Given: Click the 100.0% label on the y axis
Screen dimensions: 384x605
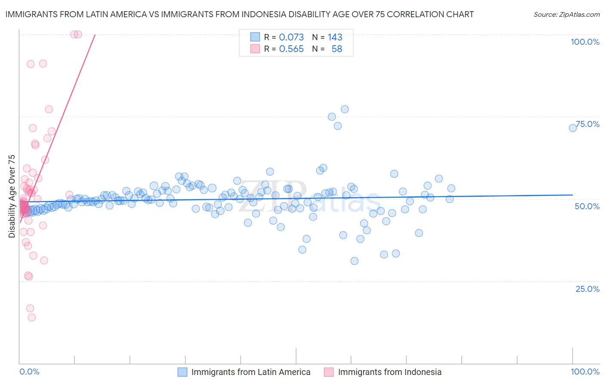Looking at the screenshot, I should pos(585,42).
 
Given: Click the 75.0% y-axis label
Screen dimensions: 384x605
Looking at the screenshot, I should pos(587,124).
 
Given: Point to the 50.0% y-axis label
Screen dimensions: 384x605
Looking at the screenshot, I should pos(587,206).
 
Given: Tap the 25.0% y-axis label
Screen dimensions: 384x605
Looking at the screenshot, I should pos(587,288).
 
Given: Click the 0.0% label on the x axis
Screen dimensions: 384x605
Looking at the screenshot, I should pos(29,372).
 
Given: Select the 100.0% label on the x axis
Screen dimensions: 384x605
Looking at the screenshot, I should pos(585,372).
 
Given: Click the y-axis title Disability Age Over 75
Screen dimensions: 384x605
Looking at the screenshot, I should pos(12,196).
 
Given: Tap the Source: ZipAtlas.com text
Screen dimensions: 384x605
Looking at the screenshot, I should pos(566,14).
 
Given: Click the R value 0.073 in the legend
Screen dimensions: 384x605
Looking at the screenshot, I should pos(291,37).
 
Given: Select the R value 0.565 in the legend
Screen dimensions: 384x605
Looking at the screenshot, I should pos(291,49).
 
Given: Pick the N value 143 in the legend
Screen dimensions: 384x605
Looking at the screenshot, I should pos(335,37).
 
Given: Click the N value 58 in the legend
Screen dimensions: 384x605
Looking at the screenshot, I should pos(336,49).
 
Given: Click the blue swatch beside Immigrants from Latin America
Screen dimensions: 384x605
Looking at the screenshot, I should pos(182,372).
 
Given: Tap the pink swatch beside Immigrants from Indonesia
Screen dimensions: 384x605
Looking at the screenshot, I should pos(329,372).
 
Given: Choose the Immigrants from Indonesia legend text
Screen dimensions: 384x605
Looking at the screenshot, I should pos(389,372).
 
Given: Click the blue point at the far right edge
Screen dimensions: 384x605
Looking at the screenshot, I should pos(573,128).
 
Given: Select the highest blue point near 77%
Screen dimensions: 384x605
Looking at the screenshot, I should pos(345,109).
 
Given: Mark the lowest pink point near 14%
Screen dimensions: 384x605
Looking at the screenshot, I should pos(31,317).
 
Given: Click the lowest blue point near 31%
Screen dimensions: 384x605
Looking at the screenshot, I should pos(354,261).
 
